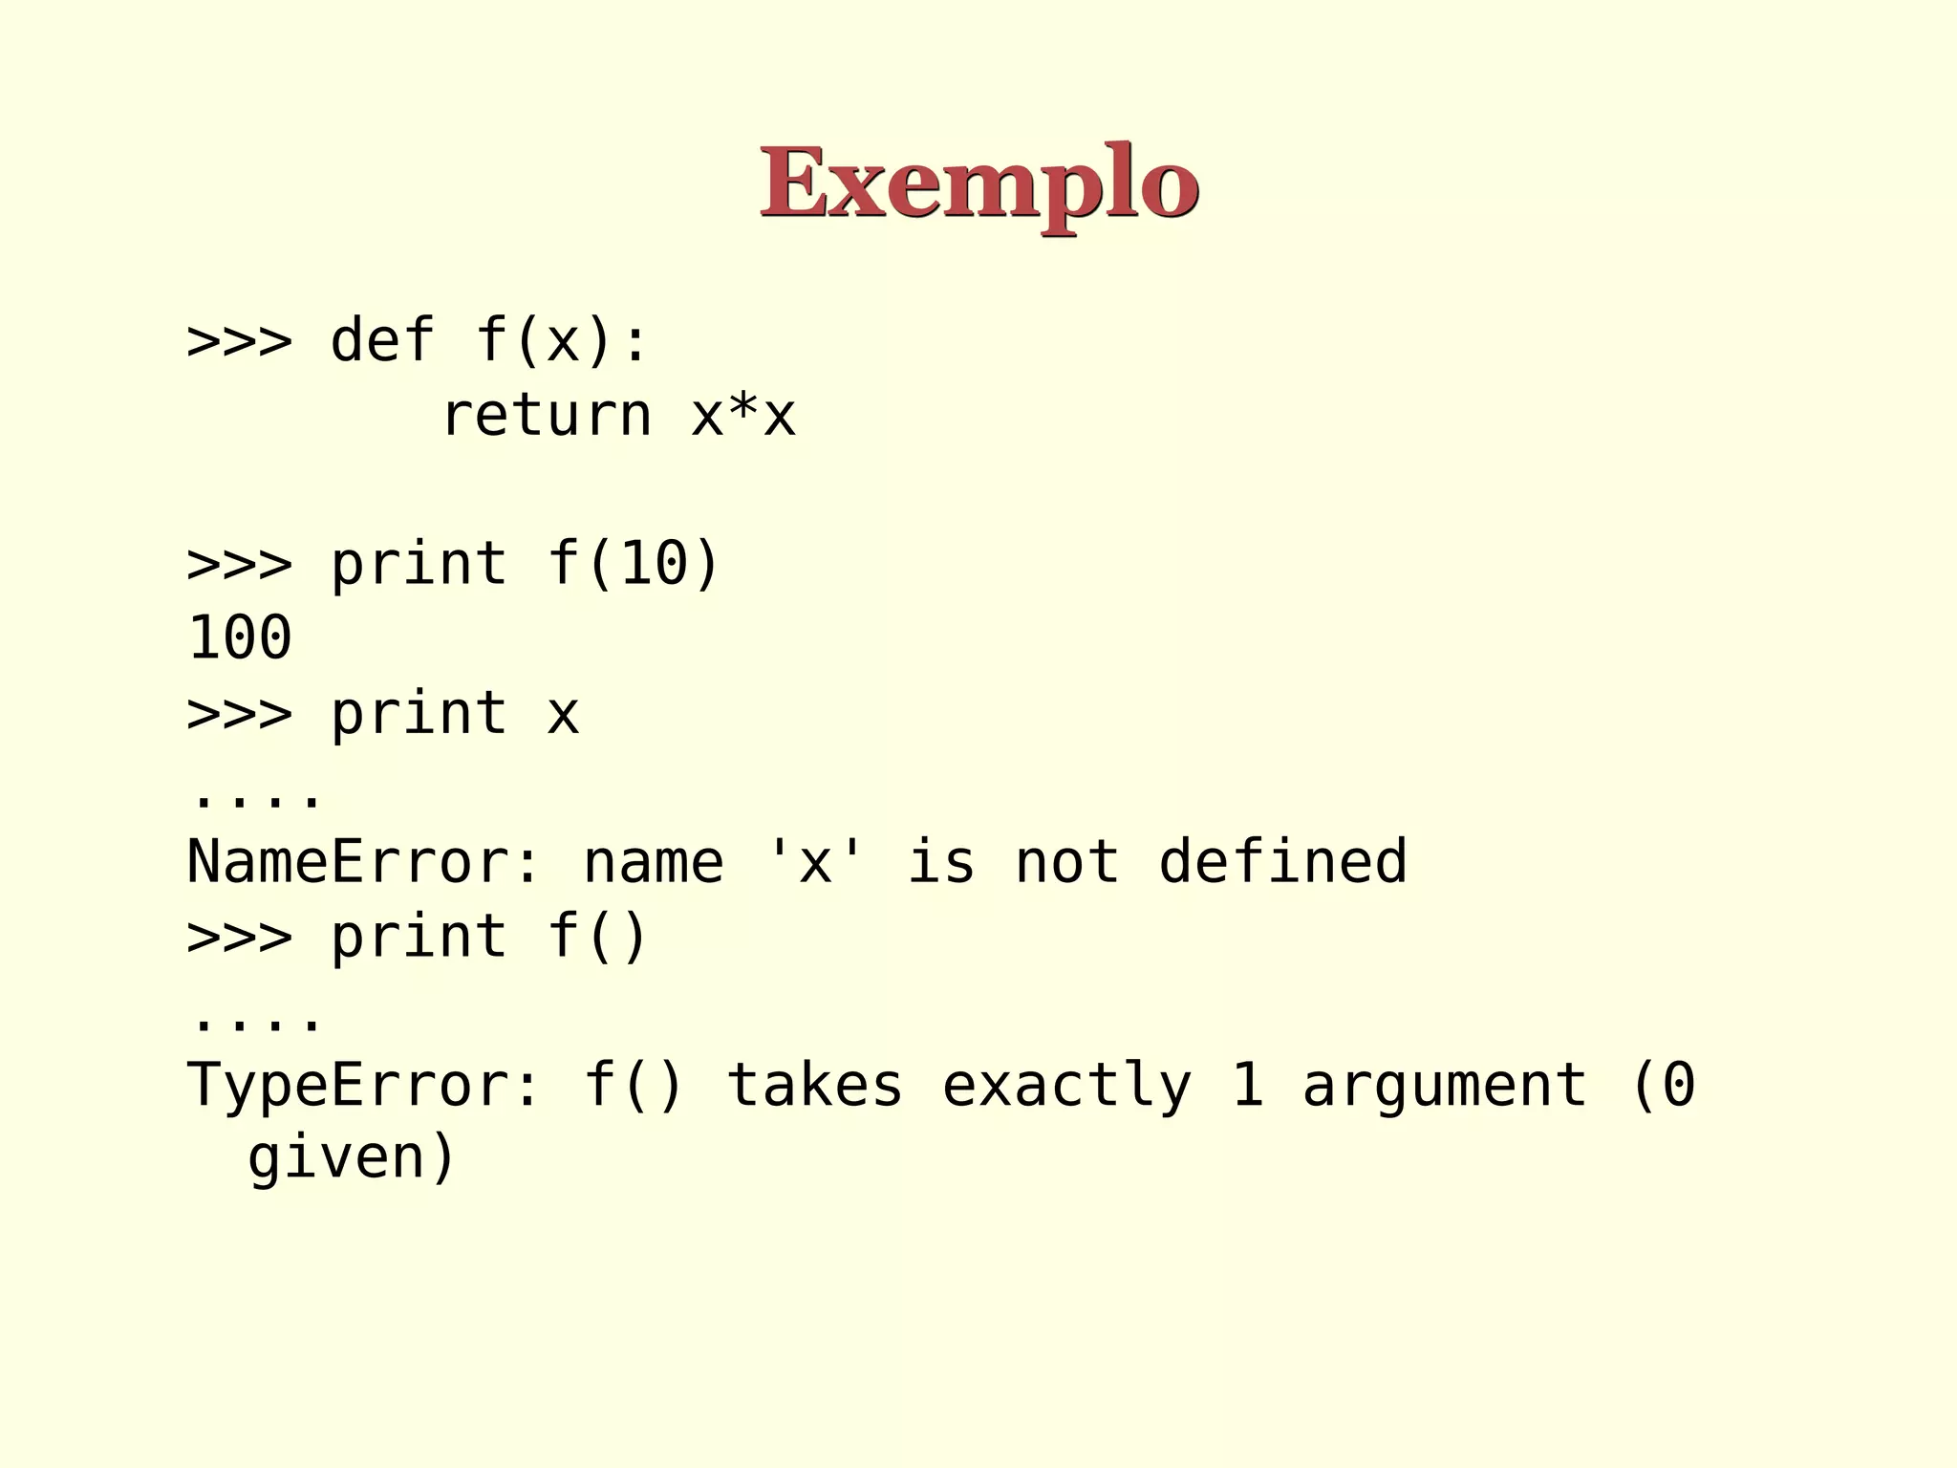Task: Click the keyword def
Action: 382,340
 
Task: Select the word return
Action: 547,416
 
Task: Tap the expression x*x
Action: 743,416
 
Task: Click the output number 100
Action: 240,637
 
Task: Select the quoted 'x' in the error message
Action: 815,861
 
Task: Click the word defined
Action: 1282,861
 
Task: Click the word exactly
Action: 1067,1085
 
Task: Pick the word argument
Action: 1445,1085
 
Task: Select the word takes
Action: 815,1085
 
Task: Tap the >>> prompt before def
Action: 239,340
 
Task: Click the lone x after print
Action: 563,714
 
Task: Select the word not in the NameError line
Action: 1067,861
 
